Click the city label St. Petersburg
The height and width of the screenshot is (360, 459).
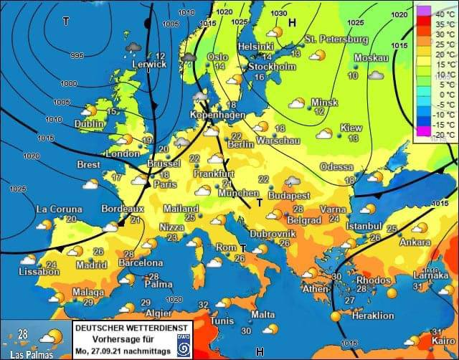336,39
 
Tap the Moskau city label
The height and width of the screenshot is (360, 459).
371,58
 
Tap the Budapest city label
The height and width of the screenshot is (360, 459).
288,195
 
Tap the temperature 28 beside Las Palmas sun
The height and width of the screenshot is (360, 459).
23,333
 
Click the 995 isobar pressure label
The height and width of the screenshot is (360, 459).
77,55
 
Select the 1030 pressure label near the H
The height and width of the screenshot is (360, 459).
279,14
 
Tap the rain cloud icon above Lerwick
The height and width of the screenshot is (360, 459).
133,47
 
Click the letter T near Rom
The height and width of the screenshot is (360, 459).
242,247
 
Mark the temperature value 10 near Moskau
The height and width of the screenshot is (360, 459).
353,75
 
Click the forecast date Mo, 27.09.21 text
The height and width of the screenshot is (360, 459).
114,351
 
